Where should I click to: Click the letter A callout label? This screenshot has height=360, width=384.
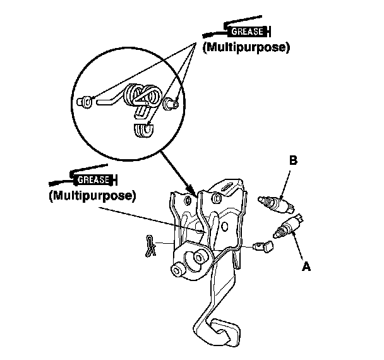(x=306, y=267)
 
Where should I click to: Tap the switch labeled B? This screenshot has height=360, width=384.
(x=276, y=204)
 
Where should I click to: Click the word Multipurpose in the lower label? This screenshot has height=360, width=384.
(x=92, y=196)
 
